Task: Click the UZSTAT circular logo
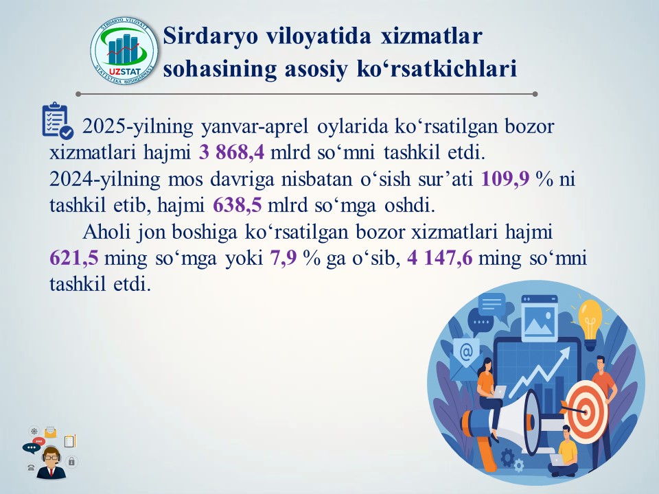(124, 51)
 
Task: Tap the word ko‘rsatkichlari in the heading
(437, 69)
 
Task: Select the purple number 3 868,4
(231, 152)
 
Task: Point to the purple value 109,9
(505, 179)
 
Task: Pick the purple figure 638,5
(238, 205)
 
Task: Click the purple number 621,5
(74, 258)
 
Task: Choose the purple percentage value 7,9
(284, 258)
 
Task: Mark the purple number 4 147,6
(439, 258)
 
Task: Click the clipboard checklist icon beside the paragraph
(58, 121)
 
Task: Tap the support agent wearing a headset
(51, 463)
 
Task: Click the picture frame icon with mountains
(540, 318)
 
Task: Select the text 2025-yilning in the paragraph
(137, 126)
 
